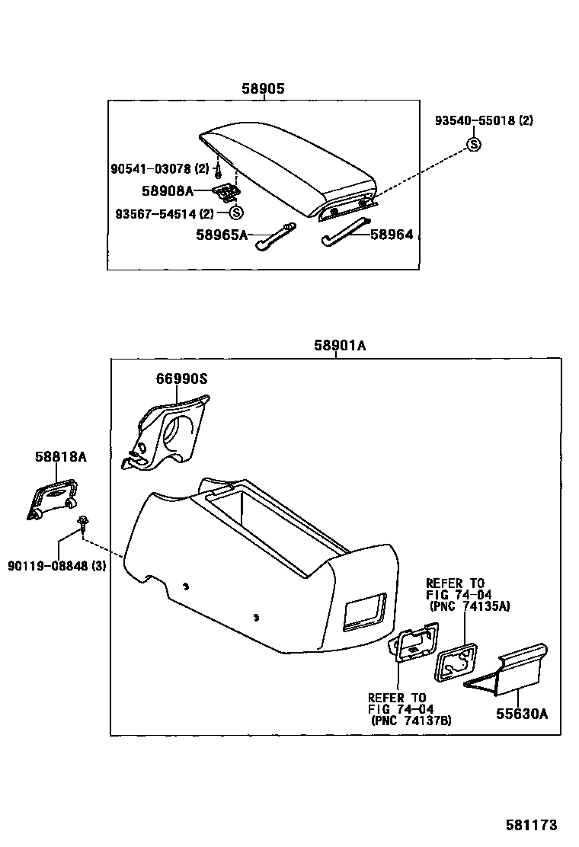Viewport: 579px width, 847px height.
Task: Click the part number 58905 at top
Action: pos(263,88)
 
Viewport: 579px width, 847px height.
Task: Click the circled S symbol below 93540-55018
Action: pos(474,144)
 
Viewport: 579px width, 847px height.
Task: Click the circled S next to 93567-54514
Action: pos(235,213)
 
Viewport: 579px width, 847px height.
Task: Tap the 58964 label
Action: pos(392,235)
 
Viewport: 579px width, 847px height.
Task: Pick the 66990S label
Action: pos(182,378)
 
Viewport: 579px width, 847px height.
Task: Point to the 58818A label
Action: pos(60,456)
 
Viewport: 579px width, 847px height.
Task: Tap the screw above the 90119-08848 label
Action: pos(81,522)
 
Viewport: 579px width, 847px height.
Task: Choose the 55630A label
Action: pos(523,714)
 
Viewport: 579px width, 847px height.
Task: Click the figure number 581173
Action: pos(532,825)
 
